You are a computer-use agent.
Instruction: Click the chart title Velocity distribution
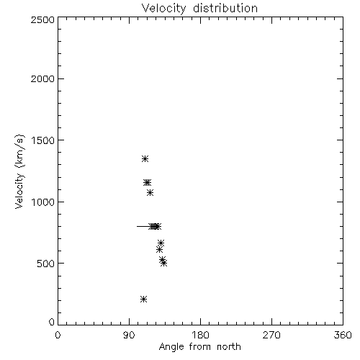199,9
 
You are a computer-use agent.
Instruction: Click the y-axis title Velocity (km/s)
19,171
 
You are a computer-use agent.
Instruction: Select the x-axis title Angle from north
199,347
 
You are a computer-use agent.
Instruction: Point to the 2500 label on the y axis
42,19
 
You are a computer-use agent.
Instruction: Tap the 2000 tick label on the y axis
42,78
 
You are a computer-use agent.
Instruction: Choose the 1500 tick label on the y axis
43,140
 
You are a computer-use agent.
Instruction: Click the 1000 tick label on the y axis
43,202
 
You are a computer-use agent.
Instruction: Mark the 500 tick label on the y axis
46,264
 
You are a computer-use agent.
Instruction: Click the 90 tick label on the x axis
129,335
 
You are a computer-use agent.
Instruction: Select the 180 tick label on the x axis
200,335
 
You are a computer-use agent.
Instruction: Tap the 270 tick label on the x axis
271,335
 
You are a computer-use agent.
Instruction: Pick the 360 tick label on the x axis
343,335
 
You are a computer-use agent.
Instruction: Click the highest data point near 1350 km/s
145,158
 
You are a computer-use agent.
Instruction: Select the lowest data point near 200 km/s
143,299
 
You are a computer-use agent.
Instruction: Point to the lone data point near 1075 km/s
150,192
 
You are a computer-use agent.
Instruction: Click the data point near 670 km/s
161,243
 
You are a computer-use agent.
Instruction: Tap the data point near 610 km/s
159,250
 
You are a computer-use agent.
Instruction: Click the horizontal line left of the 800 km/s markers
143,226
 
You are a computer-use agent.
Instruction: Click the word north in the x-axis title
229,347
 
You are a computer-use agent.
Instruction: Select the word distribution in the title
225,9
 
